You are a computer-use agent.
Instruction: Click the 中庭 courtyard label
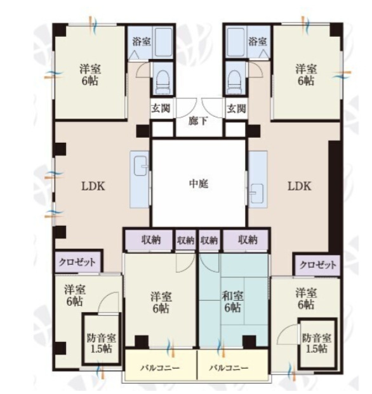tap(198, 184)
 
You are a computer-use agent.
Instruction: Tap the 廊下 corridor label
tap(198, 121)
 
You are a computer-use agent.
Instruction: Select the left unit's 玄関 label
tap(161, 108)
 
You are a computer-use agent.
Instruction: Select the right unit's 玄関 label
tap(236, 108)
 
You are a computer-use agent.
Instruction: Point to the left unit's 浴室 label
tap(142, 41)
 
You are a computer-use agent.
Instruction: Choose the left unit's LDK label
tap(93, 186)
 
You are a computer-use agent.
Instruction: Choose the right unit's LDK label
tap(300, 186)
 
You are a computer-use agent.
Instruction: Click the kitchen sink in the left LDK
tap(140, 166)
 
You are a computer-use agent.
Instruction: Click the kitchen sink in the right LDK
tap(256, 193)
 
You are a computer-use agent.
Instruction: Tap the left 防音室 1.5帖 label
tap(101, 343)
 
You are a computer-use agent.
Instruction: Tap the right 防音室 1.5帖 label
tap(316, 343)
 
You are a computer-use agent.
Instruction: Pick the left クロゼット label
tap(77, 262)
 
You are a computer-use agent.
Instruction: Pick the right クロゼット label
tap(317, 265)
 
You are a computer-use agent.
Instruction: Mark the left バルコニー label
tap(160, 368)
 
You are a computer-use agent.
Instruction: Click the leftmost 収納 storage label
tap(151, 240)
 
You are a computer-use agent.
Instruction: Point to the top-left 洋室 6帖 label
tap(90, 75)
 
